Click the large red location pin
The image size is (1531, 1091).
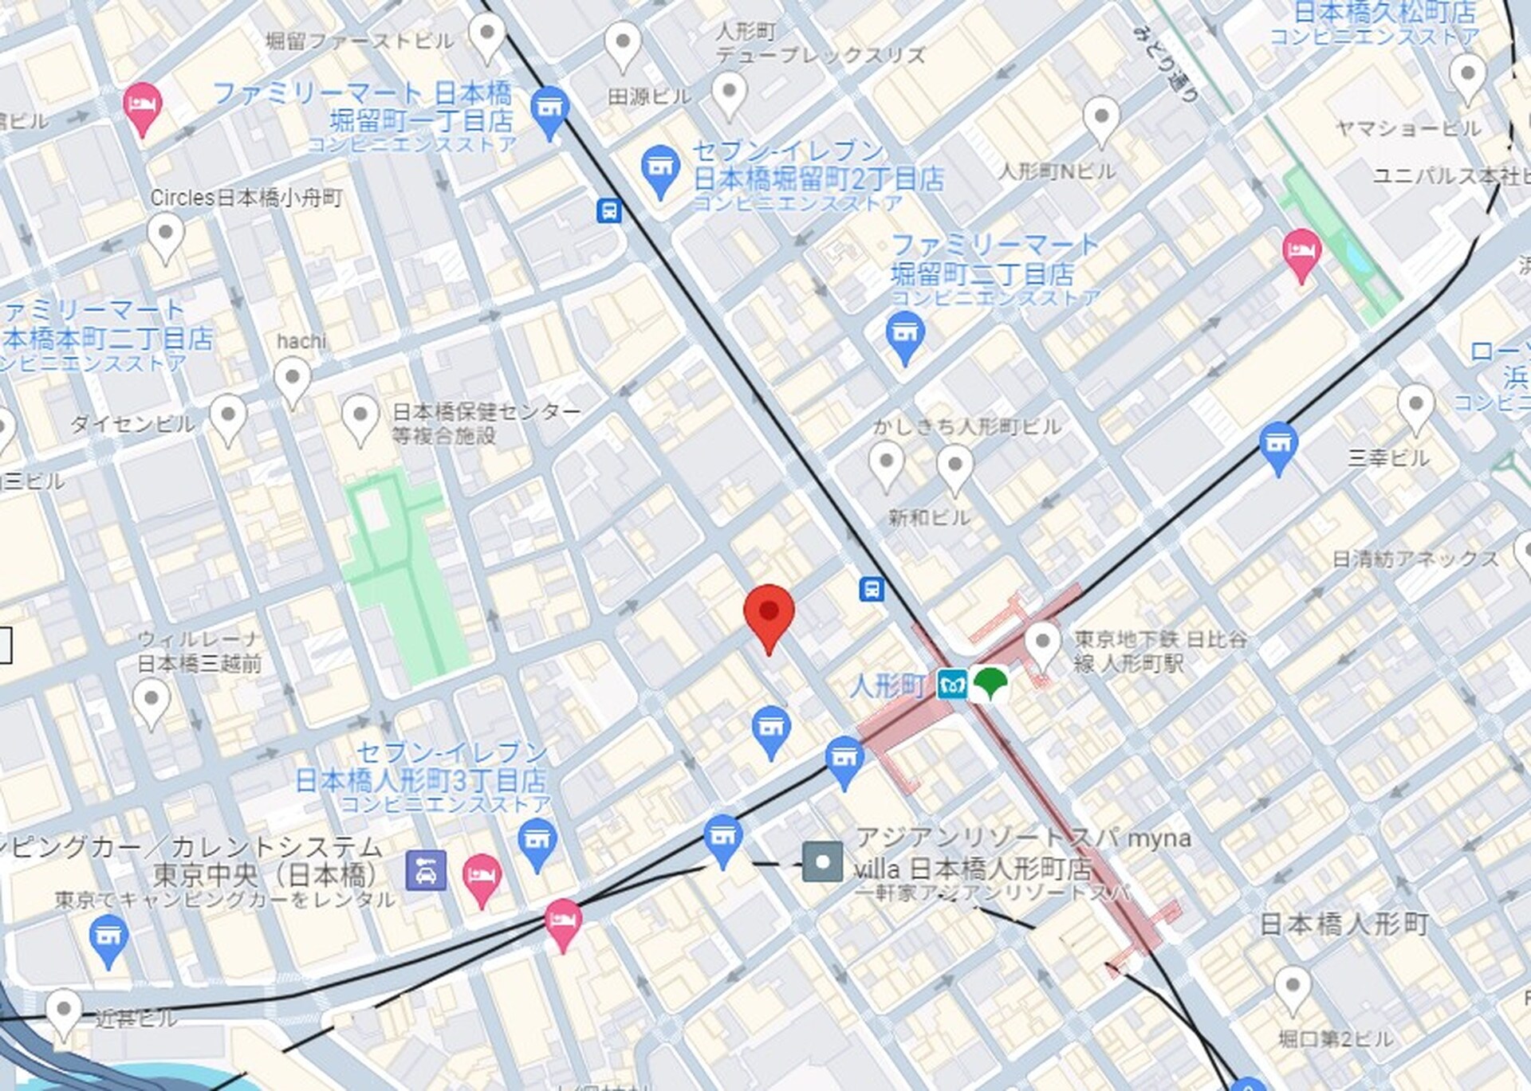point(769,614)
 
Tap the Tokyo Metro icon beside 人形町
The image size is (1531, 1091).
point(952,685)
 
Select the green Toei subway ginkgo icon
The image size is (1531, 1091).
point(990,683)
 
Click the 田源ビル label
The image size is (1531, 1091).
point(649,97)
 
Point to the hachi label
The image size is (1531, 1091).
point(301,341)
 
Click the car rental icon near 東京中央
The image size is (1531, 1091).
point(426,870)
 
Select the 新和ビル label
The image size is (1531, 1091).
point(929,518)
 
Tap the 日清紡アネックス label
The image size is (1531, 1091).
point(1415,559)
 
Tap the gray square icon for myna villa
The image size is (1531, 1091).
point(822,862)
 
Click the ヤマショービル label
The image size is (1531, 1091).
point(1408,128)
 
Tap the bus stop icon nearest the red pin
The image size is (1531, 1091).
point(872,589)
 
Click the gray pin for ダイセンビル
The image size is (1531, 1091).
point(228,417)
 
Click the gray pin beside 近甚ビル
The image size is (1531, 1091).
point(63,1012)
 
